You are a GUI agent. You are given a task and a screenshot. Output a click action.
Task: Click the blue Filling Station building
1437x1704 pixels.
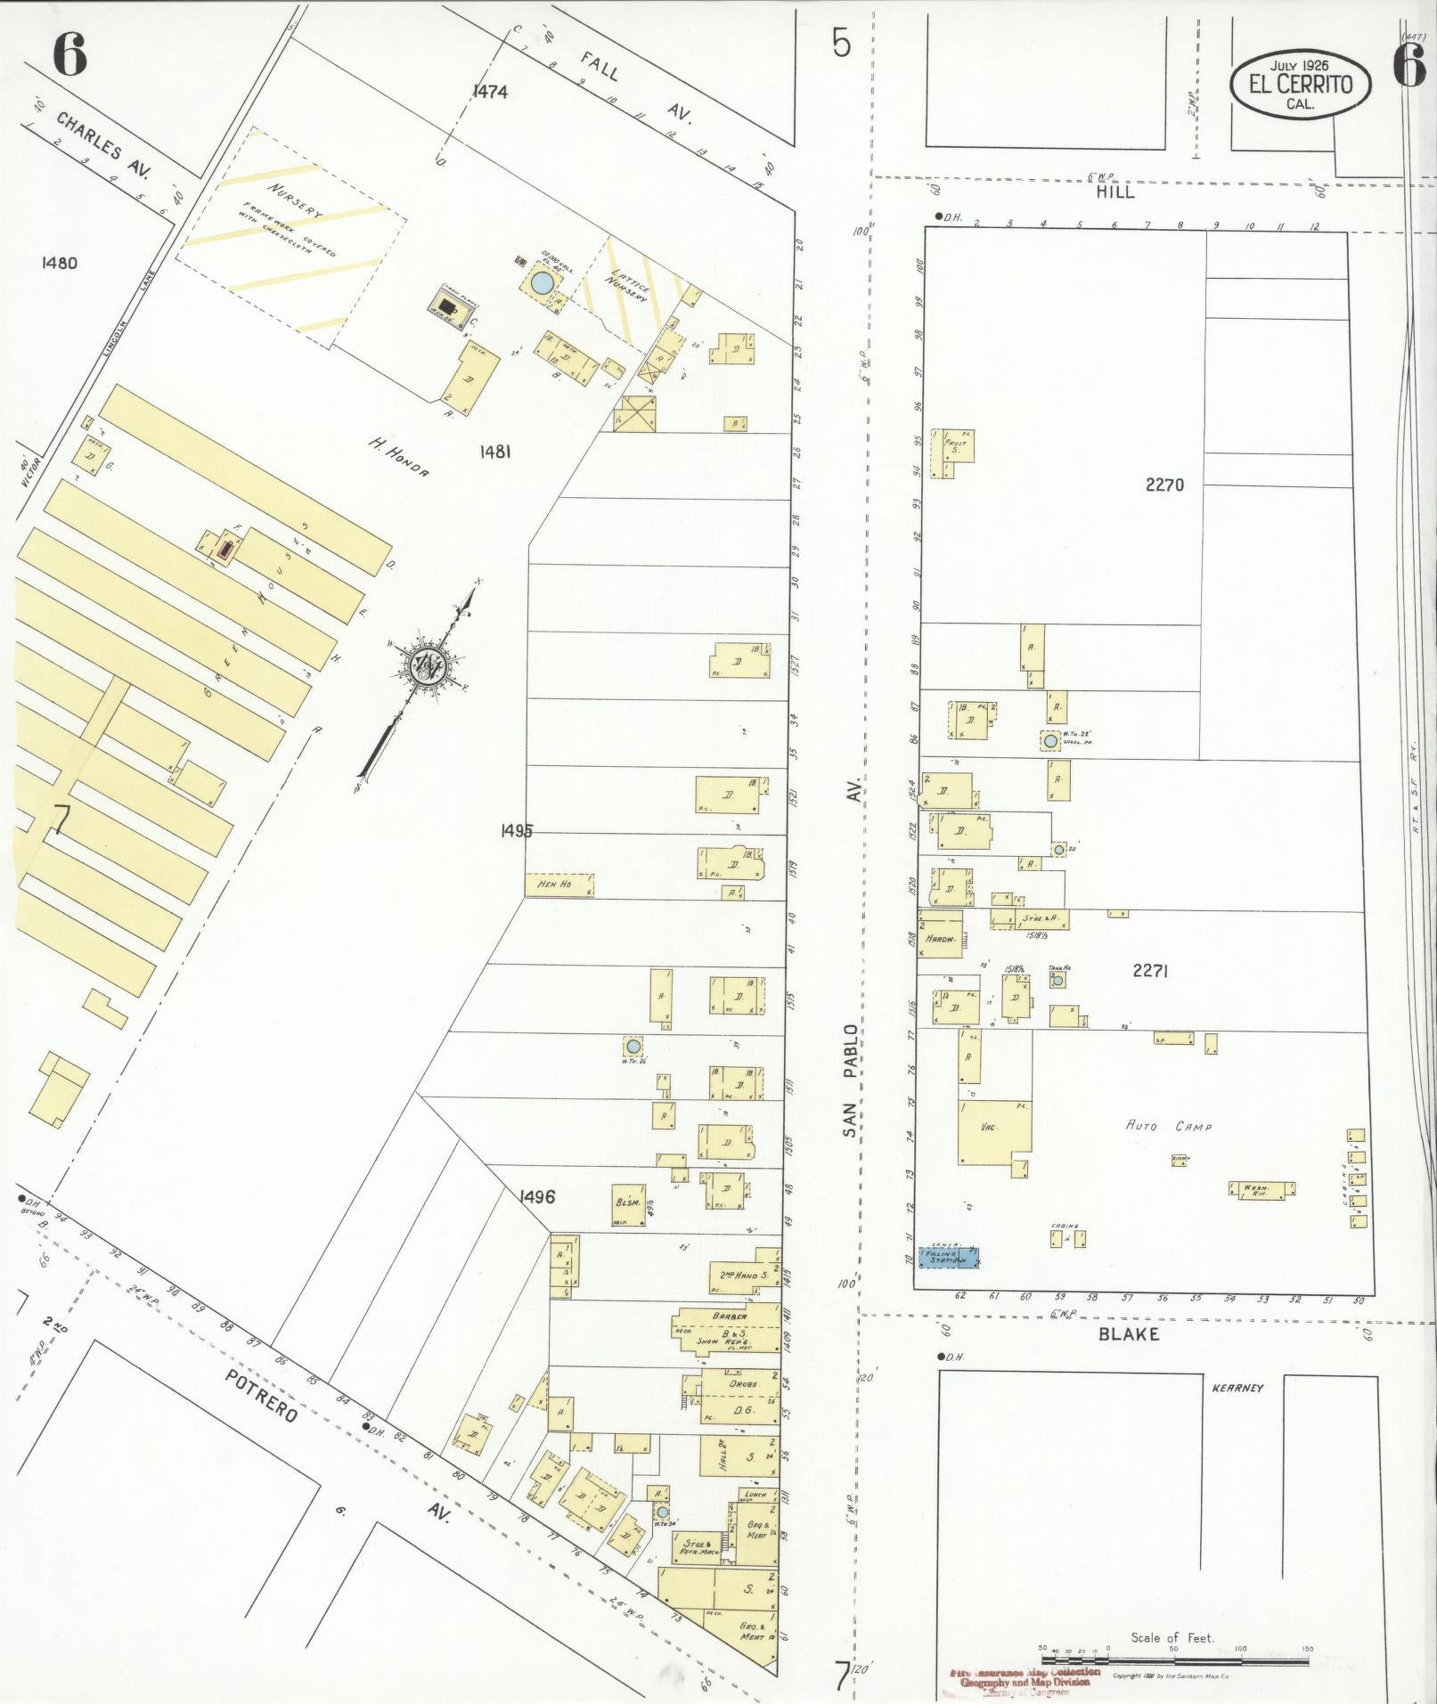coord(948,1257)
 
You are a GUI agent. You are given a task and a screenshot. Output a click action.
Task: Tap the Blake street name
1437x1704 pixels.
coord(1129,1333)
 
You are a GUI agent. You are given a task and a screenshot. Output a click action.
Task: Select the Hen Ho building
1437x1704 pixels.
coord(559,885)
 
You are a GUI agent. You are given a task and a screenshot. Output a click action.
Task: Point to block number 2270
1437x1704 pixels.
coord(1164,485)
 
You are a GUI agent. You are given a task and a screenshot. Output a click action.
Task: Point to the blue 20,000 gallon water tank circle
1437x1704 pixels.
coord(540,282)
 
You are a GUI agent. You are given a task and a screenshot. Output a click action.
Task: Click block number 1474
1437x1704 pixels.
coord(490,91)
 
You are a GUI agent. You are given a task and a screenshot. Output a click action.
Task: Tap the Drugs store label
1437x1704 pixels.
coord(742,1383)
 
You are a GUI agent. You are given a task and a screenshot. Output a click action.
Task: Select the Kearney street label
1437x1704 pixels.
coord(1233,1388)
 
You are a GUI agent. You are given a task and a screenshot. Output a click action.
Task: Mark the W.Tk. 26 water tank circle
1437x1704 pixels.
coord(633,1046)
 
